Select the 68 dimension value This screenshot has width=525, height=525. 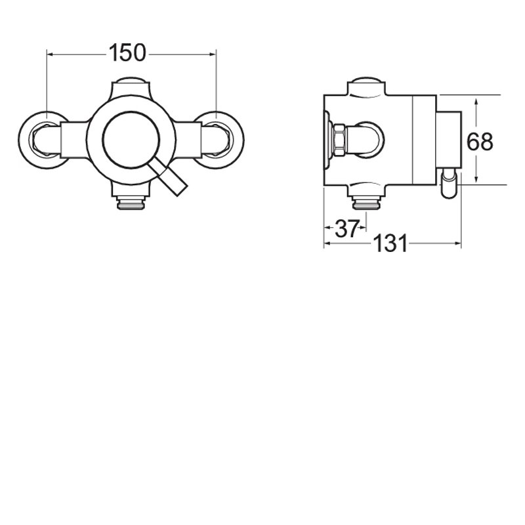point(480,141)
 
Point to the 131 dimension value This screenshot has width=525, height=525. point(390,244)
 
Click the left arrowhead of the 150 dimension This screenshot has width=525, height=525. point(50,53)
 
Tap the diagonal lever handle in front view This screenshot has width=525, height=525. point(171,180)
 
